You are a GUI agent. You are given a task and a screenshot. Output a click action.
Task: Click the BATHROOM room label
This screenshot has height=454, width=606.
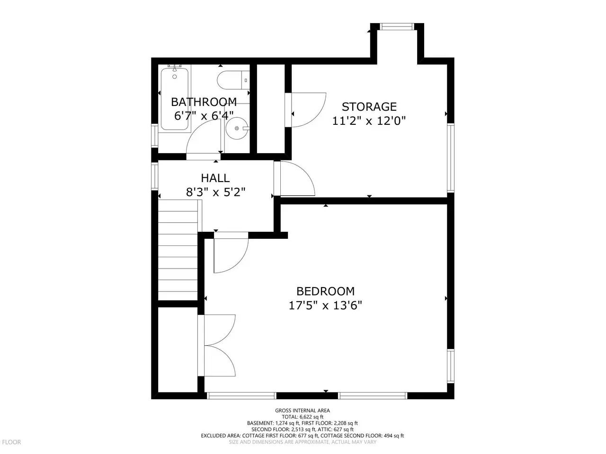coord(204,102)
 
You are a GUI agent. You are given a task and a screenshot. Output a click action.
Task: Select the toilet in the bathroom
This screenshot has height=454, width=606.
coord(233,80)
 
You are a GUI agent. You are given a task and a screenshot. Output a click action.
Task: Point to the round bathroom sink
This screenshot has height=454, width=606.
coord(237,128)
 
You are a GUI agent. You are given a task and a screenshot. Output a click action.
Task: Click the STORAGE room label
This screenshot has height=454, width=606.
coord(369,107)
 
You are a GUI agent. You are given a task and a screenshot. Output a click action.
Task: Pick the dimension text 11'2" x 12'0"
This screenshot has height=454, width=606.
coord(369,121)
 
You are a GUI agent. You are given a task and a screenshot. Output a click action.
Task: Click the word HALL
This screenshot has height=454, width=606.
coord(215,178)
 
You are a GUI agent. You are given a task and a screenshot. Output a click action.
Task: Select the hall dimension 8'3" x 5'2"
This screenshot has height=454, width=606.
coord(215,192)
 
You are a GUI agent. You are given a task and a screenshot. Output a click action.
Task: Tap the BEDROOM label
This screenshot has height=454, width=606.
coord(326,291)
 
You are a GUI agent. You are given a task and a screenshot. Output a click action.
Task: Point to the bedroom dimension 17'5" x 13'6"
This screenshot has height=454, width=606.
coord(325,306)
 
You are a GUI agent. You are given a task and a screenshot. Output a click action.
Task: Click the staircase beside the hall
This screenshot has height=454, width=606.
coord(178,250)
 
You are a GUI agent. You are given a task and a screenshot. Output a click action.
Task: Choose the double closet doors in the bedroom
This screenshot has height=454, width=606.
coord(216,345)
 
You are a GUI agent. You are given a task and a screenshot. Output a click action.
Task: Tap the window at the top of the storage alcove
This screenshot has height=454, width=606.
coord(397,27)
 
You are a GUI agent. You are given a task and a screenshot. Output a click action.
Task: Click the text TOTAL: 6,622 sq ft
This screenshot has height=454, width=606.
coord(303,417)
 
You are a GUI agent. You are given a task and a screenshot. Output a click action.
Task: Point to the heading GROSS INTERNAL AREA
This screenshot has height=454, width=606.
coord(303,410)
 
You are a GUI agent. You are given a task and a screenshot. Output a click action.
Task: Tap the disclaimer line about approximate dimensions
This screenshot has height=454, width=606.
coord(303,442)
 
